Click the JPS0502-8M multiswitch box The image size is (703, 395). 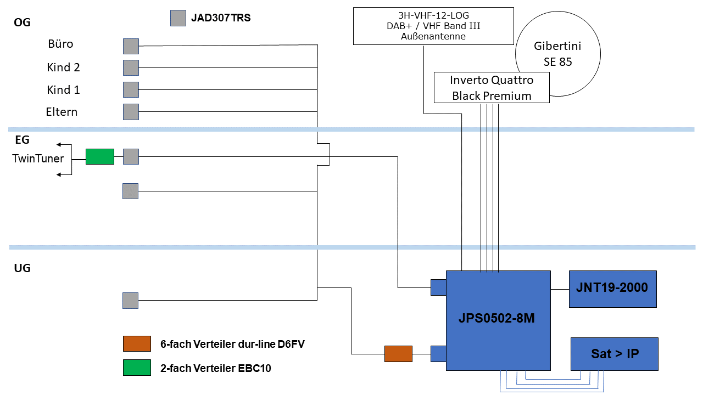coord(498,320)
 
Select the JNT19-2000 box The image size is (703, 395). coord(612,289)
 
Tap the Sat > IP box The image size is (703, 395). coord(614,354)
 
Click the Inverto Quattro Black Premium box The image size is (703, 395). coord(492,88)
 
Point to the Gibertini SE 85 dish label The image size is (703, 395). coord(557,54)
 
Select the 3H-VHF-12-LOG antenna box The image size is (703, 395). coord(433,26)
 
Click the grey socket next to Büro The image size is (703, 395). coord(131,46)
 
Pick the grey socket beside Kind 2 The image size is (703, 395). coord(131,67)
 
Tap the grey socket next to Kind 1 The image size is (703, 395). coord(131,89)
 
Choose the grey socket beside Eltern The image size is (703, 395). coord(131,112)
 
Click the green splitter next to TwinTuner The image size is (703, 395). coord(100,156)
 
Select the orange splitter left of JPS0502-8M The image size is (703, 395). coord(398,354)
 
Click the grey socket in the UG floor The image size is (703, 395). coord(130,300)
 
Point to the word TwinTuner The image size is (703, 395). coord(38,159)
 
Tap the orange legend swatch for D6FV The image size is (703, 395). coord(137,344)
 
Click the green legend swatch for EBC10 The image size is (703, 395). coord(137,368)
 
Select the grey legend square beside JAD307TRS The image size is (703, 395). coord(178,19)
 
